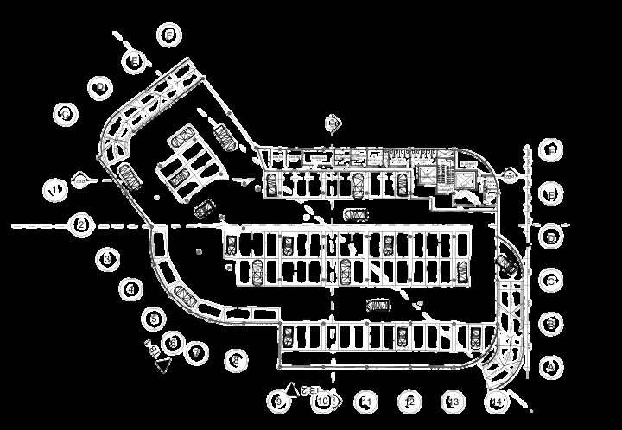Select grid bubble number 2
80,225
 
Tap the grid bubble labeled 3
107,257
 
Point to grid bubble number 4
131,289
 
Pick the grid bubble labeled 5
154,319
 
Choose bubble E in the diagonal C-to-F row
134,60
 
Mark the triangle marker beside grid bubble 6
162,364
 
